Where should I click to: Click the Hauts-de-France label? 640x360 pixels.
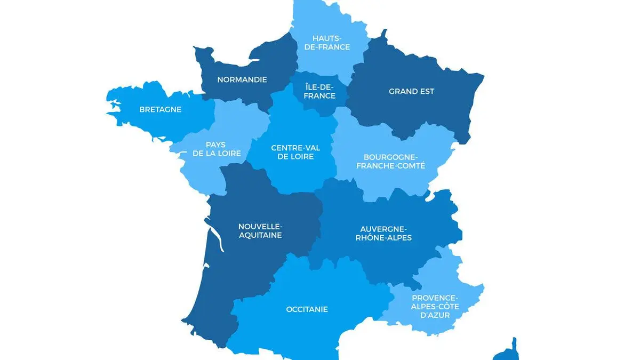click(331, 42)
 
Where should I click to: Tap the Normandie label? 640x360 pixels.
click(242, 80)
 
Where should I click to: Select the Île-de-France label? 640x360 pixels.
click(320, 91)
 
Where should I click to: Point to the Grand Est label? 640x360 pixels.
click(411, 91)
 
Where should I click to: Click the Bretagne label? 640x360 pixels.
click(160, 110)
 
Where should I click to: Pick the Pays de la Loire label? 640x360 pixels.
click(215, 149)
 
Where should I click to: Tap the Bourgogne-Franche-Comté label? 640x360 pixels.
click(394, 161)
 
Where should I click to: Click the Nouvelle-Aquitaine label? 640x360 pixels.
click(260, 230)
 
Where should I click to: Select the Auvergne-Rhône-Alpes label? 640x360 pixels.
click(383, 233)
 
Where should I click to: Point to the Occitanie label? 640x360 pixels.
click(307, 309)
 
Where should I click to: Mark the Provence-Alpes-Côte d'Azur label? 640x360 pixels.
click(434, 306)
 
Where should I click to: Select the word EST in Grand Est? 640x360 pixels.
click(426, 91)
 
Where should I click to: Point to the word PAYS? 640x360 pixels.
click(215, 145)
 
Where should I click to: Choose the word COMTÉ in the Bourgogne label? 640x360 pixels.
click(411, 166)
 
